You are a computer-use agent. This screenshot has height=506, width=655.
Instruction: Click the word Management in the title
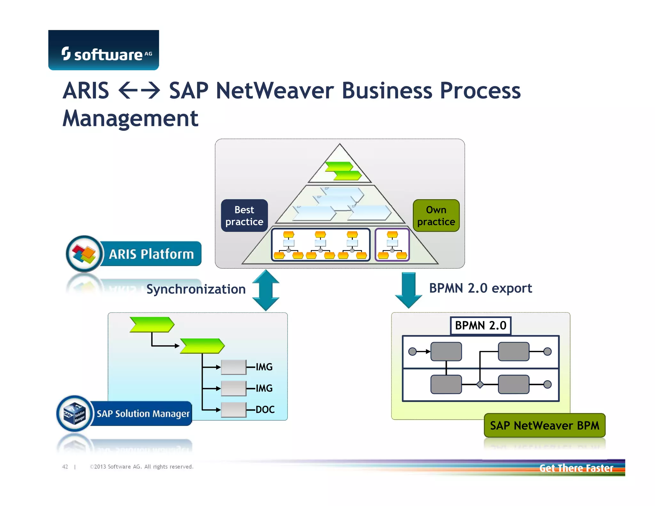click(130, 119)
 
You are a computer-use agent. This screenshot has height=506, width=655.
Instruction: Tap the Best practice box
click(244, 216)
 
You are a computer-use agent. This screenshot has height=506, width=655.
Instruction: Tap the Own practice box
click(436, 216)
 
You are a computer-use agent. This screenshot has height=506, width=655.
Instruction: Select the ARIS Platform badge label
click(151, 254)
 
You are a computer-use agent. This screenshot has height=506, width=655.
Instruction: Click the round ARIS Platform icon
click(84, 254)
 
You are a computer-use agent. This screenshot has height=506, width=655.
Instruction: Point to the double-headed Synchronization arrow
click(265, 290)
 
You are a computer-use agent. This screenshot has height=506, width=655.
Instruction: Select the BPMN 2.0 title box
click(480, 326)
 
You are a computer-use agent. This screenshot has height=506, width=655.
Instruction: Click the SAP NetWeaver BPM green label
click(544, 426)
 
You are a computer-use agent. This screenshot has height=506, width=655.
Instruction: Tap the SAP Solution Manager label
click(143, 414)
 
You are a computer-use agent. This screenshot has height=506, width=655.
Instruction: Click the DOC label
click(265, 410)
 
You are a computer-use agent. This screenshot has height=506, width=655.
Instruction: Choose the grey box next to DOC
click(234, 410)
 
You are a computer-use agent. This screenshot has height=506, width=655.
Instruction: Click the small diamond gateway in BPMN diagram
click(480, 384)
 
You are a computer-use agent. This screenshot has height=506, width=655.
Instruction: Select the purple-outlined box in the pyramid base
click(392, 245)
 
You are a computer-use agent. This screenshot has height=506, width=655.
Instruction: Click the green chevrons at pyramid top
click(343, 171)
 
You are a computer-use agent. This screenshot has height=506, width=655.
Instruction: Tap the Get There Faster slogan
click(576, 468)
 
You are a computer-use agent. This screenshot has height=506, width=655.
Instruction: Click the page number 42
click(65, 467)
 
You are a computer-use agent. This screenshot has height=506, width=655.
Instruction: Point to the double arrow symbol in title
click(139, 91)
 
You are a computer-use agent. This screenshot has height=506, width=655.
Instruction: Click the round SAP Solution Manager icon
click(75, 414)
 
